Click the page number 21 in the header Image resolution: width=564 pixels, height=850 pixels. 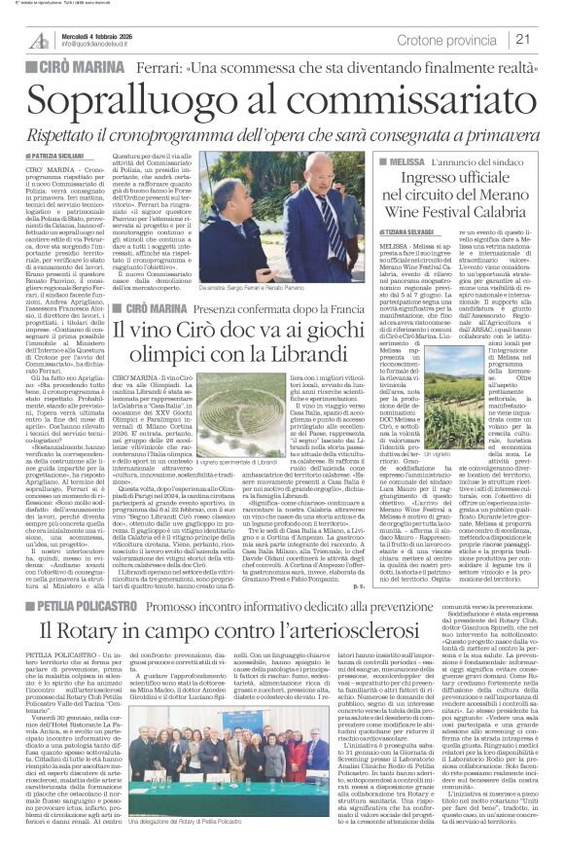[548, 39]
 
